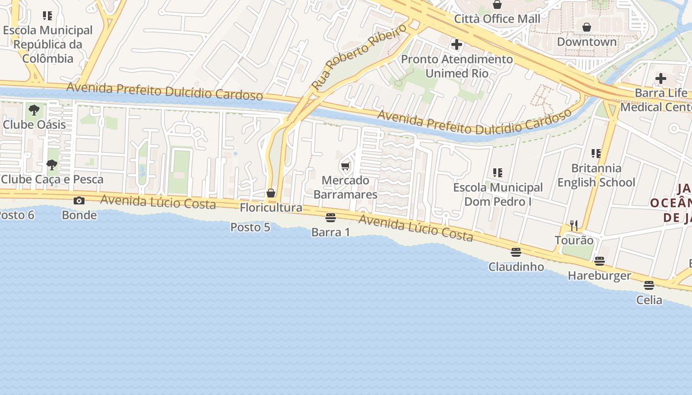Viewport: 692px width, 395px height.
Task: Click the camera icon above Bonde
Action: point(79,200)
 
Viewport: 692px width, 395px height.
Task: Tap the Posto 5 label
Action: point(250,227)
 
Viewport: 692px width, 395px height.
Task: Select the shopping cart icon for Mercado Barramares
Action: point(346,166)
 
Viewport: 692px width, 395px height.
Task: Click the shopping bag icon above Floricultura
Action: point(271,193)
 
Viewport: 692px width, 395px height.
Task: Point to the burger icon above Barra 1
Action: point(331,217)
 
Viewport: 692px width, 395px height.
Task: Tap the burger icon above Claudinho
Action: point(516,252)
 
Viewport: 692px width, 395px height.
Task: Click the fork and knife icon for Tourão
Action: point(574,226)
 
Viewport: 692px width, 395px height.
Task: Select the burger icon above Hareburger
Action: point(600,261)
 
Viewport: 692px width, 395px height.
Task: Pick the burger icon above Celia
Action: point(649,285)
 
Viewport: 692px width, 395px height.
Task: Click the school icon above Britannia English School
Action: point(596,154)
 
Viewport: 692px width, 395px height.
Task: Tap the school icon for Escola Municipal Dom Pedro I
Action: point(498,173)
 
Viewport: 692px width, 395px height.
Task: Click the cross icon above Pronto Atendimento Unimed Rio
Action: point(457,45)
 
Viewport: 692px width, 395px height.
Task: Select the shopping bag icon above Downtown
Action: point(587,27)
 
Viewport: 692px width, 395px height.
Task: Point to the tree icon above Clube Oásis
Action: point(34,110)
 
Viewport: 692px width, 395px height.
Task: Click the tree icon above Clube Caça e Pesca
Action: point(52,165)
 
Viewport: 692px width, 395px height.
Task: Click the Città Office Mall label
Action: point(497,19)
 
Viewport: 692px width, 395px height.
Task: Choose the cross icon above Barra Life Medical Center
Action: point(661,79)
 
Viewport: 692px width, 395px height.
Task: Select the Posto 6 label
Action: point(17,215)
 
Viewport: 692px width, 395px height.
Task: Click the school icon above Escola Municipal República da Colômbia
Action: point(47,16)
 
